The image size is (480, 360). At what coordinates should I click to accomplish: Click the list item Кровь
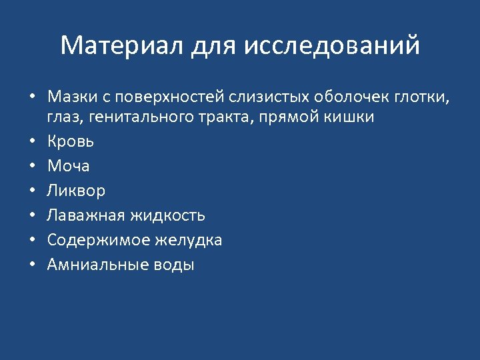point(70,141)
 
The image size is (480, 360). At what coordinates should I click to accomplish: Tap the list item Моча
point(68,166)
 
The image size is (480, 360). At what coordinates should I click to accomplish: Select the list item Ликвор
point(76,191)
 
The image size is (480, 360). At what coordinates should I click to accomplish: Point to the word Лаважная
point(86,215)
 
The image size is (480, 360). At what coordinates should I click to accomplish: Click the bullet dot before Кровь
point(31,142)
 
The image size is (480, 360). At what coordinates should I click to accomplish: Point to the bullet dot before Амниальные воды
point(31,265)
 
